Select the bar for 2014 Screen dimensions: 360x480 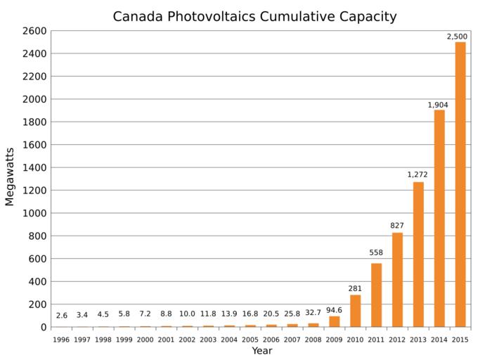tap(439, 218)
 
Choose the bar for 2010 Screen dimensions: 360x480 tap(355, 311)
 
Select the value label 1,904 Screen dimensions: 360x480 tap(438, 105)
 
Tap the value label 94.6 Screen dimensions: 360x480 tap(335, 309)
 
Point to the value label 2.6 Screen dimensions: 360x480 tap(62, 315)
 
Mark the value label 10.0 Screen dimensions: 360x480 tap(188, 315)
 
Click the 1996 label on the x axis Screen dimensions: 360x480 tap(62, 340)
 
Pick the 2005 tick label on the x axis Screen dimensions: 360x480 tap(251, 340)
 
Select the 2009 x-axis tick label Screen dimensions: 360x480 tap(335, 340)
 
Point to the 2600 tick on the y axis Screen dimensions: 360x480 tap(34, 31)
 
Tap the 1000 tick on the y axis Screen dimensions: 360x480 tap(34, 213)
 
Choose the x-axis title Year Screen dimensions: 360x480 tap(261, 351)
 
